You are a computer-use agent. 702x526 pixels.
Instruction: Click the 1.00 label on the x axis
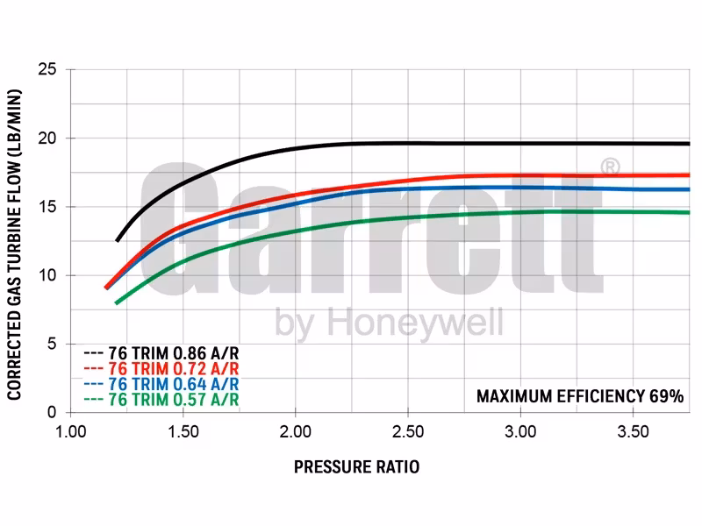pos(71,432)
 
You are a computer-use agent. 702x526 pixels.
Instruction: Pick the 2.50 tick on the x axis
pos(408,432)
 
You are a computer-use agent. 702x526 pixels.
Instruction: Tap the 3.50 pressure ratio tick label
pos(633,432)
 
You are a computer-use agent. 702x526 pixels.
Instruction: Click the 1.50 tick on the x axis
pos(183,432)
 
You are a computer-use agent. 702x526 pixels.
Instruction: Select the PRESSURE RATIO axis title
pos(356,467)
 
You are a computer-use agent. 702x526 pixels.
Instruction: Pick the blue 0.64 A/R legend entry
pos(161,385)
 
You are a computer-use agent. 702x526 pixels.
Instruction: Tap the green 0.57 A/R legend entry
pos(161,400)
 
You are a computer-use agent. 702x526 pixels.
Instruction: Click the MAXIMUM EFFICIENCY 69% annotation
pos(580,396)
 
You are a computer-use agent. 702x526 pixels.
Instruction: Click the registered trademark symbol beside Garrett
pos(611,167)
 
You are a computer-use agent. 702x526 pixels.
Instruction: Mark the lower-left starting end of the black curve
pos(118,240)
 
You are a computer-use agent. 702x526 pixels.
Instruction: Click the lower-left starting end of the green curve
pos(117,302)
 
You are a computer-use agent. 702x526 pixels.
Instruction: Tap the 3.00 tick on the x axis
pos(520,432)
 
